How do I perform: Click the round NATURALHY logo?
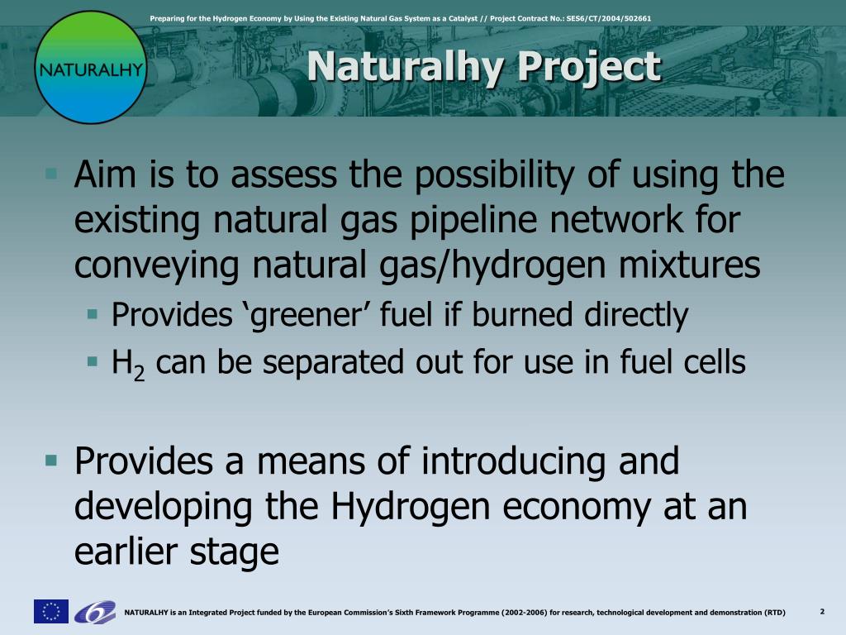click(91, 68)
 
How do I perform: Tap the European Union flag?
click(51, 611)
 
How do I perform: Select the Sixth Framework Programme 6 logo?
click(95, 612)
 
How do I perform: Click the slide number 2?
click(822, 612)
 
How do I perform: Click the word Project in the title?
click(589, 67)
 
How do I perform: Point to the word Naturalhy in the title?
click(405, 67)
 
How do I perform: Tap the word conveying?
click(156, 266)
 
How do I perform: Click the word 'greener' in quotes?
click(306, 315)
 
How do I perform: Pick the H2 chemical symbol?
click(128, 364)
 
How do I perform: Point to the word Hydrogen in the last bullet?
click(410, 508)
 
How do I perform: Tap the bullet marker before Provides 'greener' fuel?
click(93, 313)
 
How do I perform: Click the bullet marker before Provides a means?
click(51, 461)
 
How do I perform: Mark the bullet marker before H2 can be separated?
click(93, 360)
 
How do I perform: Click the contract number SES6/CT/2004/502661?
click(609, 18)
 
